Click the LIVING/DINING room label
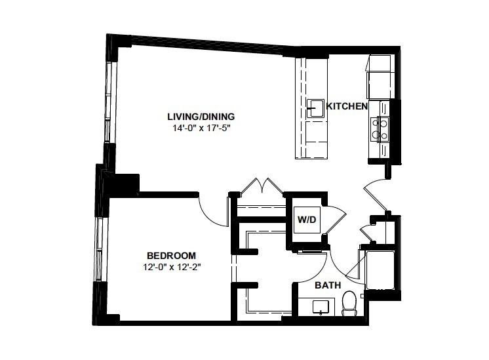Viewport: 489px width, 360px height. click(x=201, y=117)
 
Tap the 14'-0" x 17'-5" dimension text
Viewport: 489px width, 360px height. click(x=201, y=129)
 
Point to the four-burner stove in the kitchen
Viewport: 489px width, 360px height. click(x=380, y=129)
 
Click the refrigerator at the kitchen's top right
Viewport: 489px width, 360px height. click(x=380, y=73)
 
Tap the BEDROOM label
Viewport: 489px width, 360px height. click(x=170, y=255)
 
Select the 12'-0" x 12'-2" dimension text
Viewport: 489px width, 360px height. click(x=170, y=267)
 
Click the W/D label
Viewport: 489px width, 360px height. click(x=307, y=219)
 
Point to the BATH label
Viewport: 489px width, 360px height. click(x=326, y=286)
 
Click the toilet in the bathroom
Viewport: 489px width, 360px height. click(x=349, y=302)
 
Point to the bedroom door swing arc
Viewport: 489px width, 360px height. click(x=211, y=211)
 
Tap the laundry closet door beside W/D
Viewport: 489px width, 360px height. click(x=336, y=220)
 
